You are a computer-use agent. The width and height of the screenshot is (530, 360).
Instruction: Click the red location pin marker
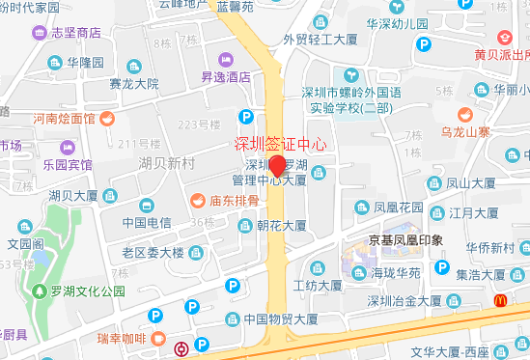[276, 166]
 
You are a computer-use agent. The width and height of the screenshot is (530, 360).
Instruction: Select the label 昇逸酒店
[219, 76]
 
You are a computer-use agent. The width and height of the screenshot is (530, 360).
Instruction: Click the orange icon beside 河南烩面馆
[106, 120]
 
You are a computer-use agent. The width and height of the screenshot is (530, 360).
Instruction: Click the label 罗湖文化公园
[90, 291]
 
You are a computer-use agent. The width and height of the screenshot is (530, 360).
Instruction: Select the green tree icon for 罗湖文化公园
[39, 291]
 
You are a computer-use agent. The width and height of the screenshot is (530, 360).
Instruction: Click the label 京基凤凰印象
[405, 239]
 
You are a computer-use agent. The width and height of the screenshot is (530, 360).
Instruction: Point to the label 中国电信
[147, 223]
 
